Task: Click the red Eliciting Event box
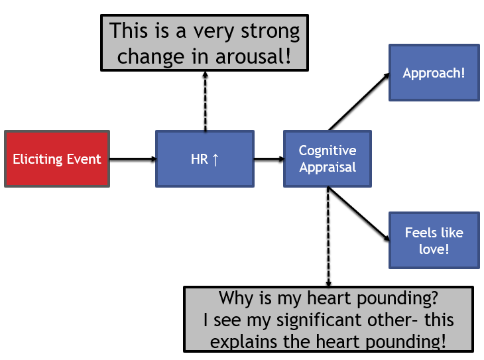coord(57,159)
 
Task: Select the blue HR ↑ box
coord(204,159)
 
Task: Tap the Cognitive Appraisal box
coord(328,159)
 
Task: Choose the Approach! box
coord(434,73)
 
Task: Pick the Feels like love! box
coord(434,240)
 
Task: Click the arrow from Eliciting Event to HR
coord(132,159)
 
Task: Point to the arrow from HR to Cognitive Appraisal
coord(269,159)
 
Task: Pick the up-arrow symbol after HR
coord(215,160)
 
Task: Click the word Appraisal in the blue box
coord(328,167)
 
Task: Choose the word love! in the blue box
coord(434,249)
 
